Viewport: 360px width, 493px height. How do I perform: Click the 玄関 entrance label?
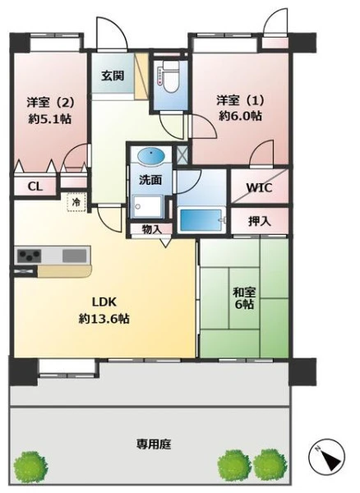113,76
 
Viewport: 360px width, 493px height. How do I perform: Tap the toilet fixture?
170,76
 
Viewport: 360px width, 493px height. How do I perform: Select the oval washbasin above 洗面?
151,156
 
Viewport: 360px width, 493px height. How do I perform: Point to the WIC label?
259,187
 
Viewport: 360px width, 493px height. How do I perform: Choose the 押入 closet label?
260,221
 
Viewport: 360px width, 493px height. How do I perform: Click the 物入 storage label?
152,229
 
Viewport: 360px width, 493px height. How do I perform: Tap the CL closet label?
35,187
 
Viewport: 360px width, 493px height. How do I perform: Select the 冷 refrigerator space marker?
76,202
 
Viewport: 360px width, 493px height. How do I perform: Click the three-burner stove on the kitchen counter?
30,256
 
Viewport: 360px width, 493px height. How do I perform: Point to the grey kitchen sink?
74,256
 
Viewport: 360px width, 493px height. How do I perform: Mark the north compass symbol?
326,455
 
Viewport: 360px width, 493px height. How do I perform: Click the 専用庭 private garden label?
154,445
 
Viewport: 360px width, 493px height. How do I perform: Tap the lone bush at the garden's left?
31,465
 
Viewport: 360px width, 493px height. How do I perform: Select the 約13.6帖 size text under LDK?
104,319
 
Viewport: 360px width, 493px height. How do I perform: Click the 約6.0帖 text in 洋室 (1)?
240,116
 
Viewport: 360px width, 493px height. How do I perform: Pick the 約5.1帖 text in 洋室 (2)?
49,119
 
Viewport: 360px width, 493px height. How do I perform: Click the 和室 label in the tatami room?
244,293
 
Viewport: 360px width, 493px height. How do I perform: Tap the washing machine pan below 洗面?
147,206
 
